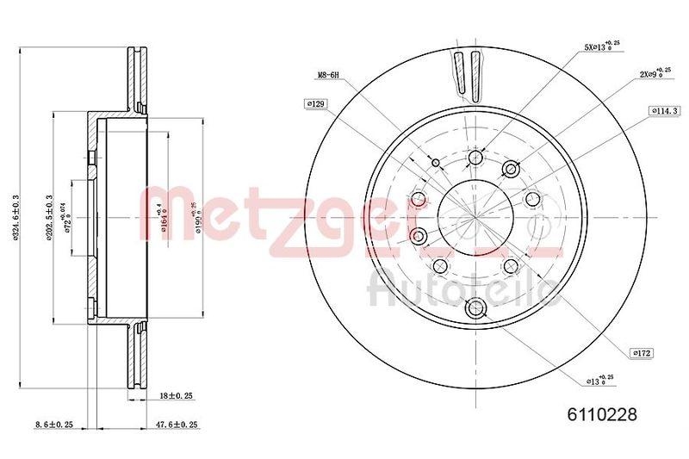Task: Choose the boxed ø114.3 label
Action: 666,111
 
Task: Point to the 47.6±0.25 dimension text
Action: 177,425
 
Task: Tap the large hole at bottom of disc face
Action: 475,308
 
